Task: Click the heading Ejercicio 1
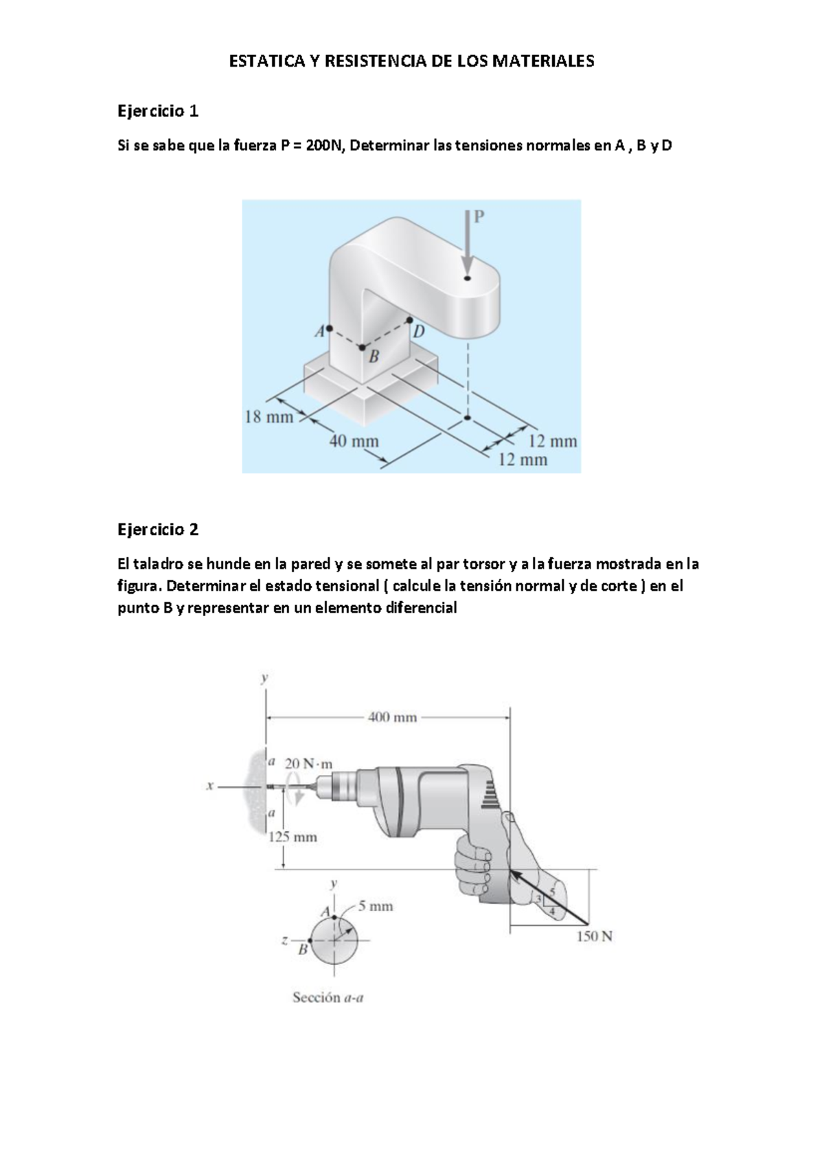[x=158, y=110]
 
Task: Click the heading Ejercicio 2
[x=158, y=529]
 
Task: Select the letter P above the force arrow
[x=479, y=216]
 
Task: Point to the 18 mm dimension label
[x=268, y=416]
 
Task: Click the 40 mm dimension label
[x=354, y=440]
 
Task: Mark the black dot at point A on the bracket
[x=330, y=328]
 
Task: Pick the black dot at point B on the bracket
[x=363, y=348]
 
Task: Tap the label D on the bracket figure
[x=418, y=332]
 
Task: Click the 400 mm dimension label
[x=392, y=717]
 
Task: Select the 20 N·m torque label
[x=308, y=763]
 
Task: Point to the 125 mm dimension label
[x=293, y=837]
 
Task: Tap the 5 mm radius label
[x=376, y=906]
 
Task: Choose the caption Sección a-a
[x=328, y=997]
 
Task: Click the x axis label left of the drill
[x=209, y=787]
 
